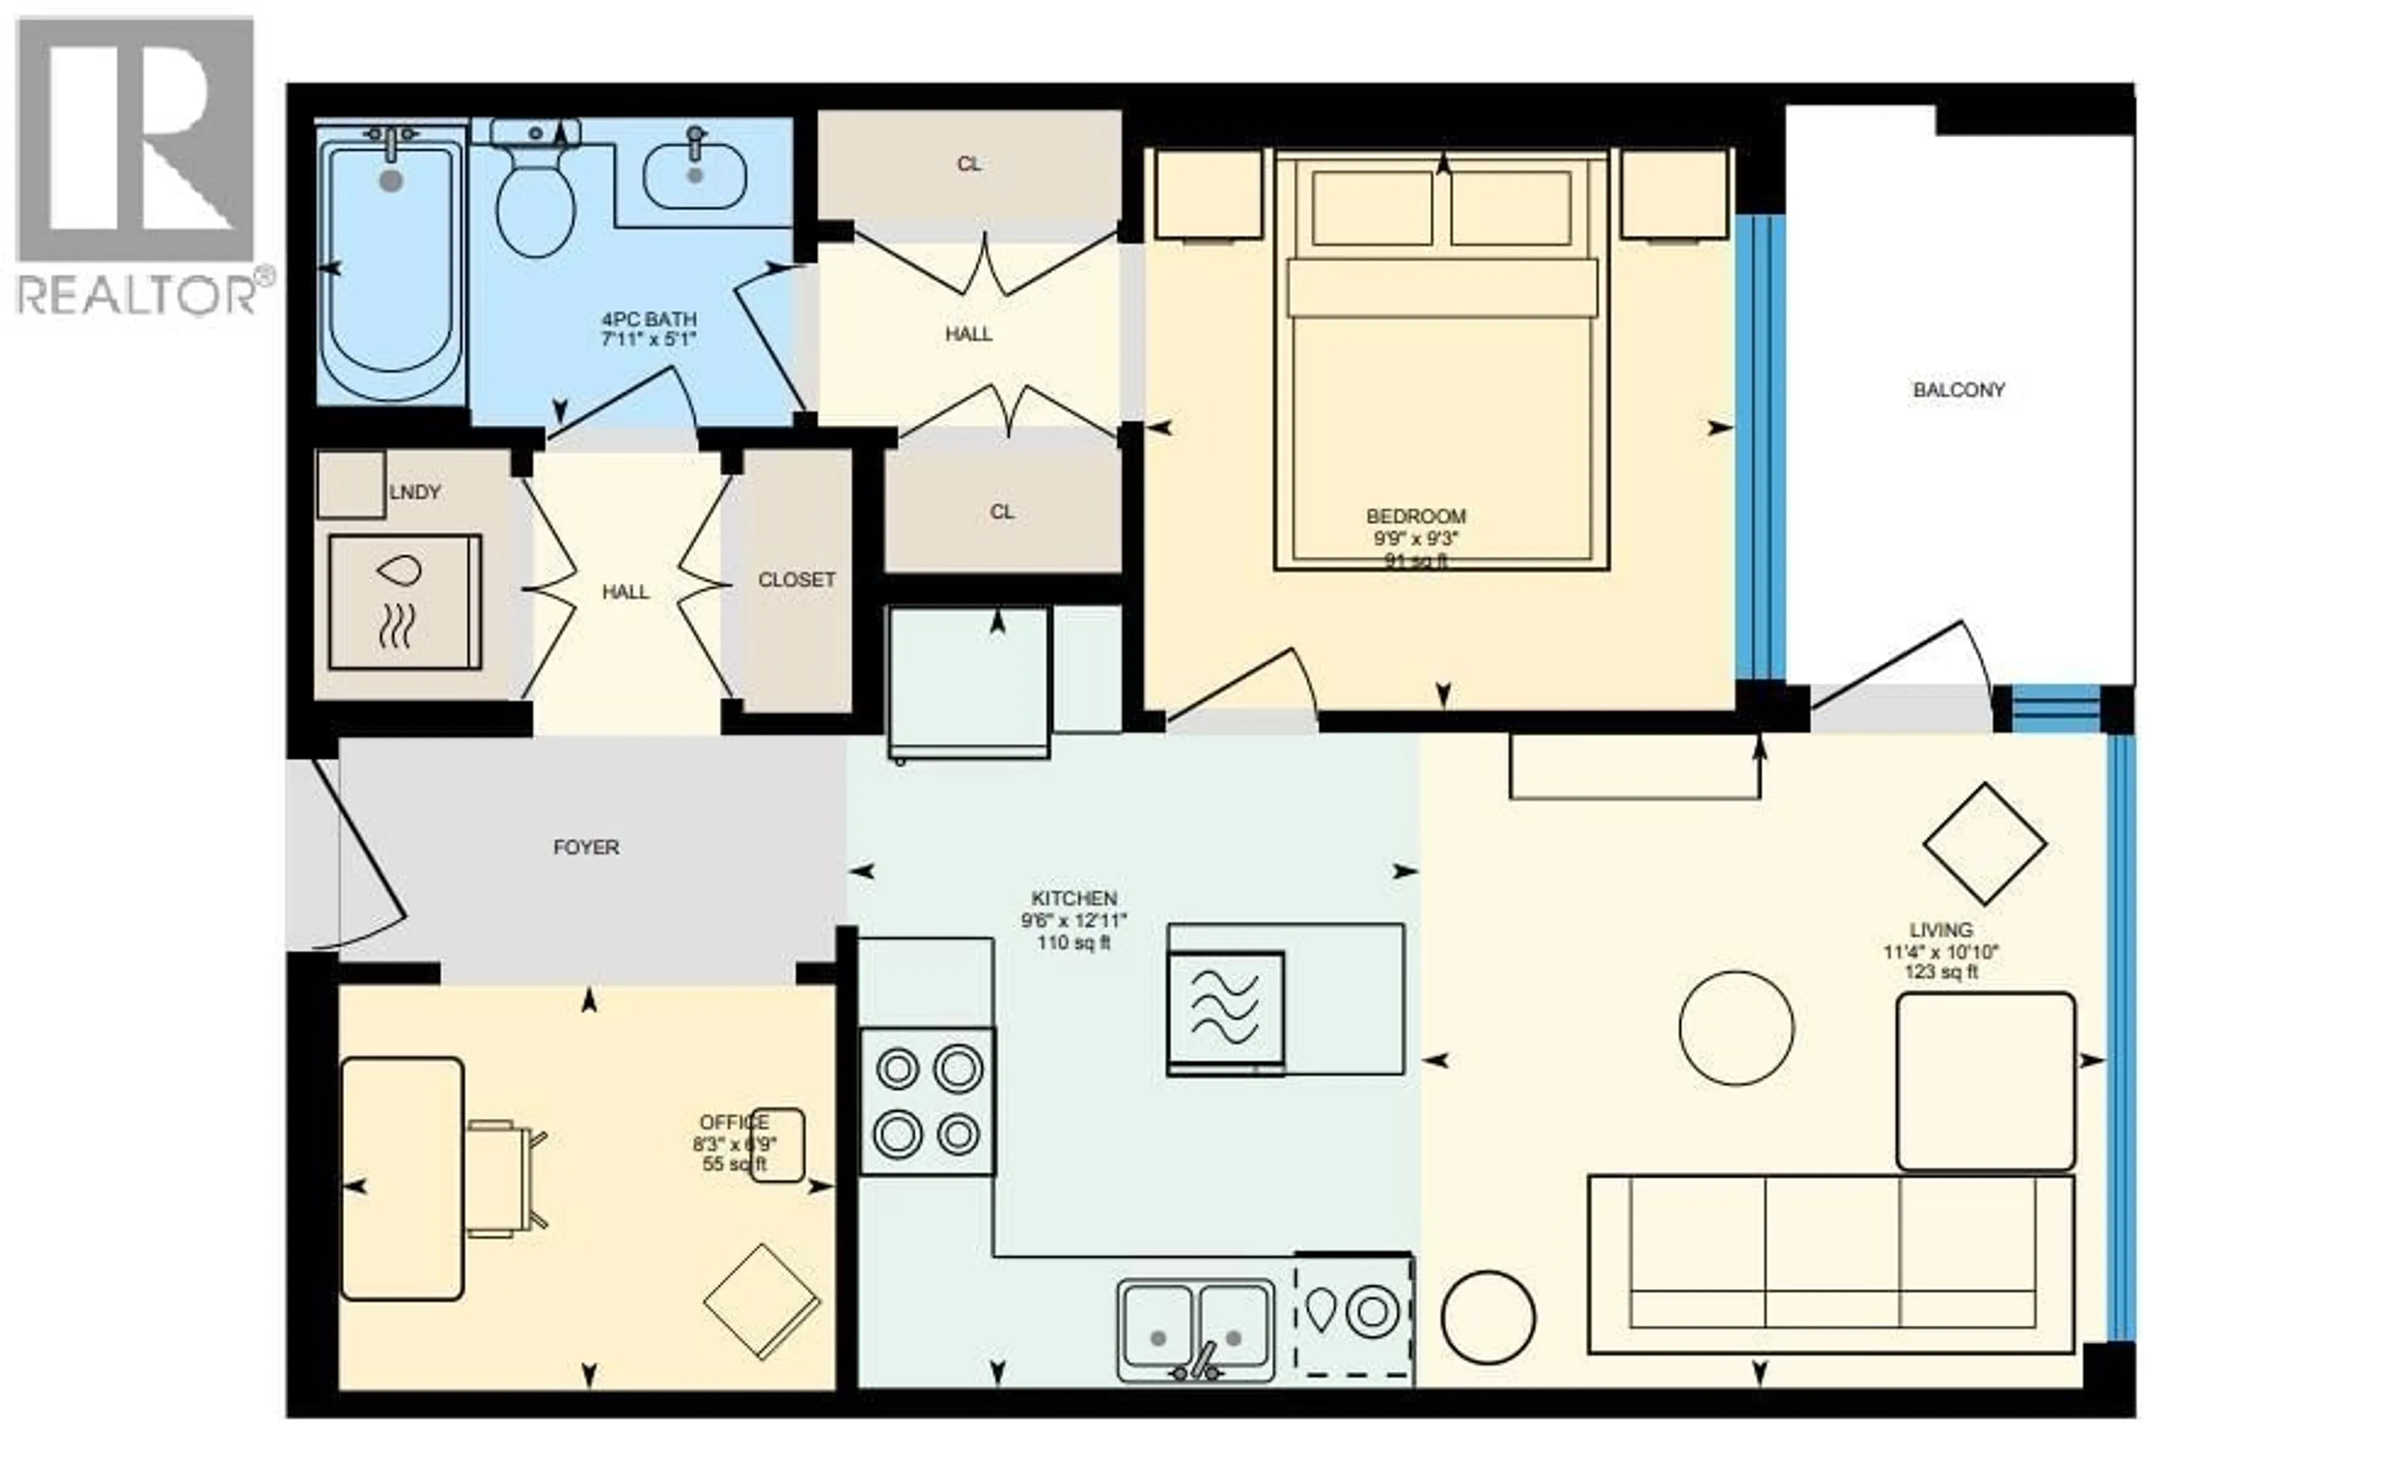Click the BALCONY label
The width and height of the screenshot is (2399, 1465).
[1958, 390]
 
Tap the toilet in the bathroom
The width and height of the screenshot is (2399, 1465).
[535, 195]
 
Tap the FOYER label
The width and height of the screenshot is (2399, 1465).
[586, 848]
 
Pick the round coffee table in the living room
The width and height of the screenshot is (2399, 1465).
[1736, 1028]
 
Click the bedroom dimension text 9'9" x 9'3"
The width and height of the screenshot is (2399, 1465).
[1416, 539]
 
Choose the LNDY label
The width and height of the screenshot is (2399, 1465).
[415, 492]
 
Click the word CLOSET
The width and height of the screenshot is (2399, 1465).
[797, 580]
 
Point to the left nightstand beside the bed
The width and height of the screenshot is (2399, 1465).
[1208, 195]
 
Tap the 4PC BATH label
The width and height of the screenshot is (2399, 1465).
[649, 319]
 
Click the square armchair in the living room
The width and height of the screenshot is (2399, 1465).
[1985, 1081]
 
